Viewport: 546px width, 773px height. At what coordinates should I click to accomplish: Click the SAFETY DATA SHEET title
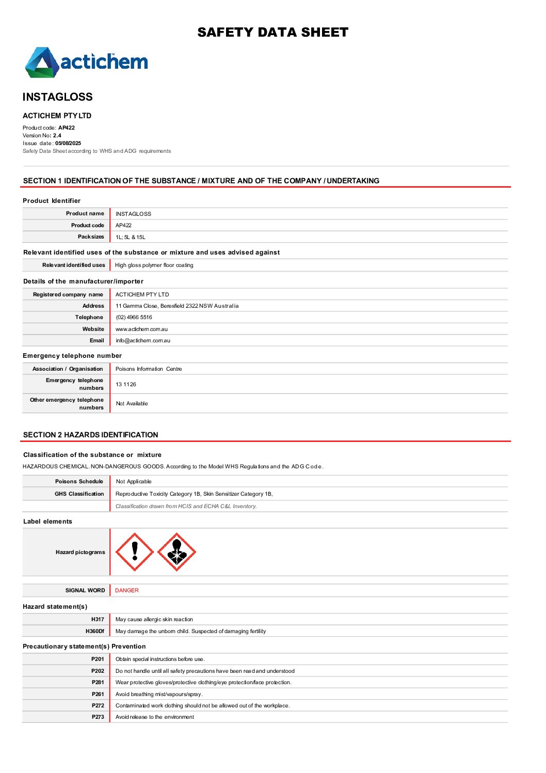[x=272, y=33]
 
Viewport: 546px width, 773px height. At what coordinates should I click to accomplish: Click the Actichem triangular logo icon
[x=42, y=63]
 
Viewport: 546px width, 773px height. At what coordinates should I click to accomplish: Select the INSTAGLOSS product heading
[x=58, y=97]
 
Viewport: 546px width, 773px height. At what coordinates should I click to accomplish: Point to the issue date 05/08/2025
[x=68, y=144]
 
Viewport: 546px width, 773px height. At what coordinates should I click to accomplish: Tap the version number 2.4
[x=57, y=136]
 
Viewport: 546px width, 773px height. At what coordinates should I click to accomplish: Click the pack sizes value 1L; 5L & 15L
[x=131, y=238]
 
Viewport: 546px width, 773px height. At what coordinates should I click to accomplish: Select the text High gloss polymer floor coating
[x=154, y=265]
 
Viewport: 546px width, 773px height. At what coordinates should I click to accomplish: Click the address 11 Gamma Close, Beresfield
[x=177, y=306]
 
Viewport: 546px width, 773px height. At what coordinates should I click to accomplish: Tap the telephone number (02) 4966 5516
[x=134, y=318]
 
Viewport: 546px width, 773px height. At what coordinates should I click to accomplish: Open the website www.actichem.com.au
[x=141, y=329]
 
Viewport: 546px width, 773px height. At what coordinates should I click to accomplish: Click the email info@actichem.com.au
[x=143, y=341]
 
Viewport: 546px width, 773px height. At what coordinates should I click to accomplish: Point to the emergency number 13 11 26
[x=126, y=385]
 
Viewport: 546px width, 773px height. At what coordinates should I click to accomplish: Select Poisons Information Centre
[x=149, y=369]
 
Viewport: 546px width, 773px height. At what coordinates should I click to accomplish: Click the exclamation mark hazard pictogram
[x=135, y=552]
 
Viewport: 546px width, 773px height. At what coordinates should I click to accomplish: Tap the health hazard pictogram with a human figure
[x=176, y=552]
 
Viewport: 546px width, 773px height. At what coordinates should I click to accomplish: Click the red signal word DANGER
[x=127, y=591]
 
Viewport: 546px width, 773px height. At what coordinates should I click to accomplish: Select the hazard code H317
[x=98, y=620]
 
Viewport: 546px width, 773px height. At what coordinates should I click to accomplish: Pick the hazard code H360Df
[x=95, y=632]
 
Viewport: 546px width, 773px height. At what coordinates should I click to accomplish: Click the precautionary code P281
[x=98, y=683]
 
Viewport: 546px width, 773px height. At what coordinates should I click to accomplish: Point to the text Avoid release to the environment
[x=155, y=717]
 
